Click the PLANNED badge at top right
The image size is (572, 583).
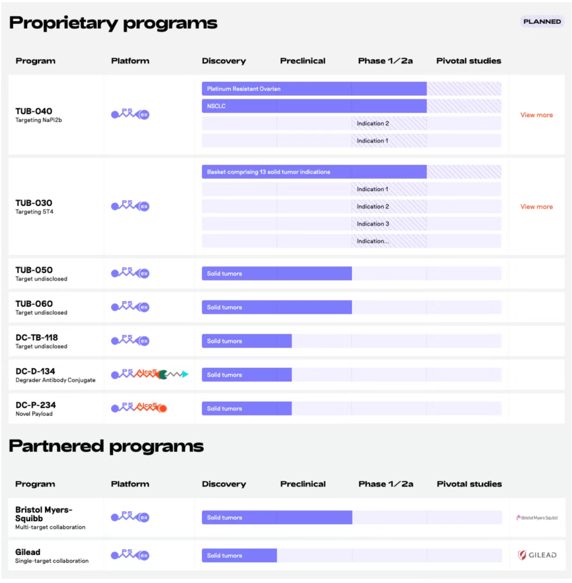(542, 21)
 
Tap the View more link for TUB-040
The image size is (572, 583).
(536, 115)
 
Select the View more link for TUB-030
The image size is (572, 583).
(536, 207)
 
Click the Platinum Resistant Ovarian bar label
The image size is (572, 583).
(243, 89)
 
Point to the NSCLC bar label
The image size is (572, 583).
(216, 106)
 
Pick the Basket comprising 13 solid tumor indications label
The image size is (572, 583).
(268, 172)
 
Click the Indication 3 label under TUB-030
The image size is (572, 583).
(373, 224)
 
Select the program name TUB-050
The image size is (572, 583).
(34, 270)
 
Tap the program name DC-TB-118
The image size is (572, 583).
(37, 337)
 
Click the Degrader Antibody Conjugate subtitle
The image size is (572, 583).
(56, 380)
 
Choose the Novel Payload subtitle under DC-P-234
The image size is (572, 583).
(34, 414)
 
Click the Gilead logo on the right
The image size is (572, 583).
(537, 555)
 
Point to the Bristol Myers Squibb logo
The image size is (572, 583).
(537, 518)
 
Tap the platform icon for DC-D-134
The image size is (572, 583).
(150, 374)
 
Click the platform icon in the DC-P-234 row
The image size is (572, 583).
(139, 408)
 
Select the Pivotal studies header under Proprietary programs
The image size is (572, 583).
(468, 61)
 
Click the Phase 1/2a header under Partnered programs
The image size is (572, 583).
(385, 484)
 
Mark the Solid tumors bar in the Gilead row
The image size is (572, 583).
(239, 556)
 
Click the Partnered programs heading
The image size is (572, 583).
(106, 446)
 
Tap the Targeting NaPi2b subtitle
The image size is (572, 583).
(39, 120)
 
